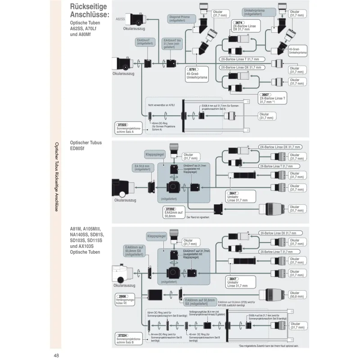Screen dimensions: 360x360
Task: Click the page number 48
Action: [x=57, y=355]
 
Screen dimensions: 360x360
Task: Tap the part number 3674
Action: [x=239, y=22]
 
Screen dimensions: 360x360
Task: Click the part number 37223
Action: [x=122, y=124]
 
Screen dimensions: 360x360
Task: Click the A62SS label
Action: [x=120, y=19]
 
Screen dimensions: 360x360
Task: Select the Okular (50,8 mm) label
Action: [x=296, y=295]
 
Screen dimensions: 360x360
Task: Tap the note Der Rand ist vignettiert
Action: [x=198, y=217]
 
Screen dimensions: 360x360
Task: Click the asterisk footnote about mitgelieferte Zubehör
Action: [x=269, y=346]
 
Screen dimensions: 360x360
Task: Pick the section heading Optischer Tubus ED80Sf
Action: [x=85, y=145]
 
